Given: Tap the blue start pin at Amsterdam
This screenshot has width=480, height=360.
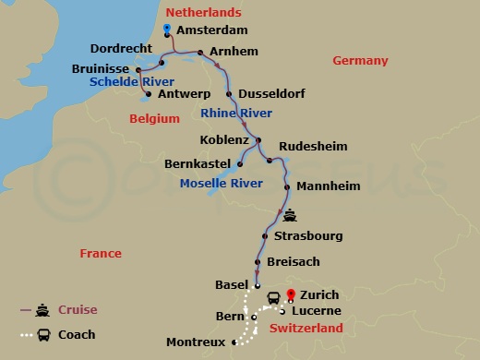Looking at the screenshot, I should point(167,30).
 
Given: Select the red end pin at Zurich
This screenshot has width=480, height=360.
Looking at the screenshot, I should point(291,295).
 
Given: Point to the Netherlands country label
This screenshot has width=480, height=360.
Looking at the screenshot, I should point(203,12).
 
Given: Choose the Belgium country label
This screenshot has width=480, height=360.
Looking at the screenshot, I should point(152,118).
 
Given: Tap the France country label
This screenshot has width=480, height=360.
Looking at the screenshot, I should point(101,253).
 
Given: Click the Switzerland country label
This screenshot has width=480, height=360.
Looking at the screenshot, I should point(306,328).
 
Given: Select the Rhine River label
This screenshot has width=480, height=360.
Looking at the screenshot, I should point(235,113).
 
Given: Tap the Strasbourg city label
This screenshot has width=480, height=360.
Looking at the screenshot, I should point(308,236).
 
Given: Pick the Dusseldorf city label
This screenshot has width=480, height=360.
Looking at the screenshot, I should point(271,94).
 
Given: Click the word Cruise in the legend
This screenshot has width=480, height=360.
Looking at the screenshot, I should point(78,309).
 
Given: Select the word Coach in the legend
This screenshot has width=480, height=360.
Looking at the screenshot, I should point(77,334).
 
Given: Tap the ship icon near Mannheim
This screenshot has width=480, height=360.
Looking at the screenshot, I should point(291,217).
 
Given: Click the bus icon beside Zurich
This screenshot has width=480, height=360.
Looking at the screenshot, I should point(274,297).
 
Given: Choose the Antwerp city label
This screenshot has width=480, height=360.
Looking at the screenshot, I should point(182,93).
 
